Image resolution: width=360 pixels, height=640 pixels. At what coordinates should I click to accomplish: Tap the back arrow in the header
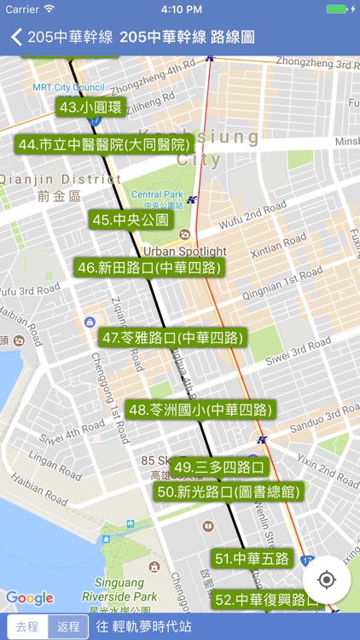16,37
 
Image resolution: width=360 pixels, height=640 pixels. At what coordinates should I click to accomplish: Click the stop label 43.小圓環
90,108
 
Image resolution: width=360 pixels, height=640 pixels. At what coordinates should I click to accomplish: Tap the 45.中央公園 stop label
131,220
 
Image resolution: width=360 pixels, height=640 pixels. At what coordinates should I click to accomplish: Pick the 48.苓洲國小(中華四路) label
201,410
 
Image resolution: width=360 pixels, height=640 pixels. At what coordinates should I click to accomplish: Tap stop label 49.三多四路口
219,468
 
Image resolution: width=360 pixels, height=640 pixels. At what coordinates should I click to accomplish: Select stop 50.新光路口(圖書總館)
229,492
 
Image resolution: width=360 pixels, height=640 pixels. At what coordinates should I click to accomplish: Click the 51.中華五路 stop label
252,559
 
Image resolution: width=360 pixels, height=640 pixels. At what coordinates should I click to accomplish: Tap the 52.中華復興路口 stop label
267,600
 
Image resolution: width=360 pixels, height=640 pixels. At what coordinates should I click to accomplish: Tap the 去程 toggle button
27,626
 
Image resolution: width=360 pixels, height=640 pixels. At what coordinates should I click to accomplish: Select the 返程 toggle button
67,626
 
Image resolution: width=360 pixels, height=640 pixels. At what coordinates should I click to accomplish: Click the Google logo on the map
30,598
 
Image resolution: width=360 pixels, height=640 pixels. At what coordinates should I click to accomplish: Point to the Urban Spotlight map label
184,252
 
